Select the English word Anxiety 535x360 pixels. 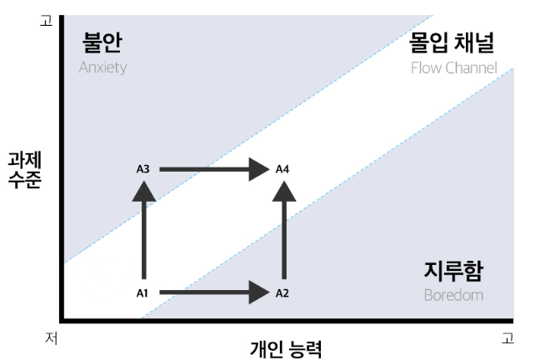coord(102,67)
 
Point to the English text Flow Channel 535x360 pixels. coord(453,67)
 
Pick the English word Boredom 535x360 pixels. coord(453,295)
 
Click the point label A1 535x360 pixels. coord(142,292)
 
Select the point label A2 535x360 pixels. coord(282,292)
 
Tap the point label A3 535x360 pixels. coord(142,169)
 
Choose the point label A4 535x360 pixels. coord(282,169)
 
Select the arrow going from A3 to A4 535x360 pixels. coord(212,169)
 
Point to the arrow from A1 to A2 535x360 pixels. coord(212,292)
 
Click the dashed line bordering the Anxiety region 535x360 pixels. coord(250,134)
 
